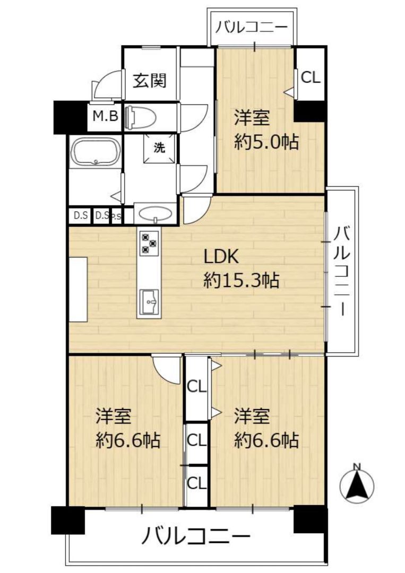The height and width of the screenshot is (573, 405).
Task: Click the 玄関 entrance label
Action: [x=150, y=81]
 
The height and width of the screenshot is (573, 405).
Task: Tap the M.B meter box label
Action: [x=105, y=116]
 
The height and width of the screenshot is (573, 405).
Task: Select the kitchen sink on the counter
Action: [x=149, y=302]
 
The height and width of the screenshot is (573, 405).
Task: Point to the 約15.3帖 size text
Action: [x=241, y=281]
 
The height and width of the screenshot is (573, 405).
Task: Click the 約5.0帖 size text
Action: [x=266, y=142]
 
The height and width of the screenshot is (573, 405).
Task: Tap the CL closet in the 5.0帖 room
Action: [x=311, y=77]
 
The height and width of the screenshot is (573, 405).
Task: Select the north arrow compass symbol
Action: [x=357, y=484]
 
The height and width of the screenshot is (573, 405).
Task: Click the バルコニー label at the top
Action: [x=252, y=28]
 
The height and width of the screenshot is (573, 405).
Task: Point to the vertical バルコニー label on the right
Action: [x=342, y=271]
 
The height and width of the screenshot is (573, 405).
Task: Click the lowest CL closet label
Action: [x=196, y=483]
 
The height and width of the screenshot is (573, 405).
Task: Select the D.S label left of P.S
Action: [x=81, y=215]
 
